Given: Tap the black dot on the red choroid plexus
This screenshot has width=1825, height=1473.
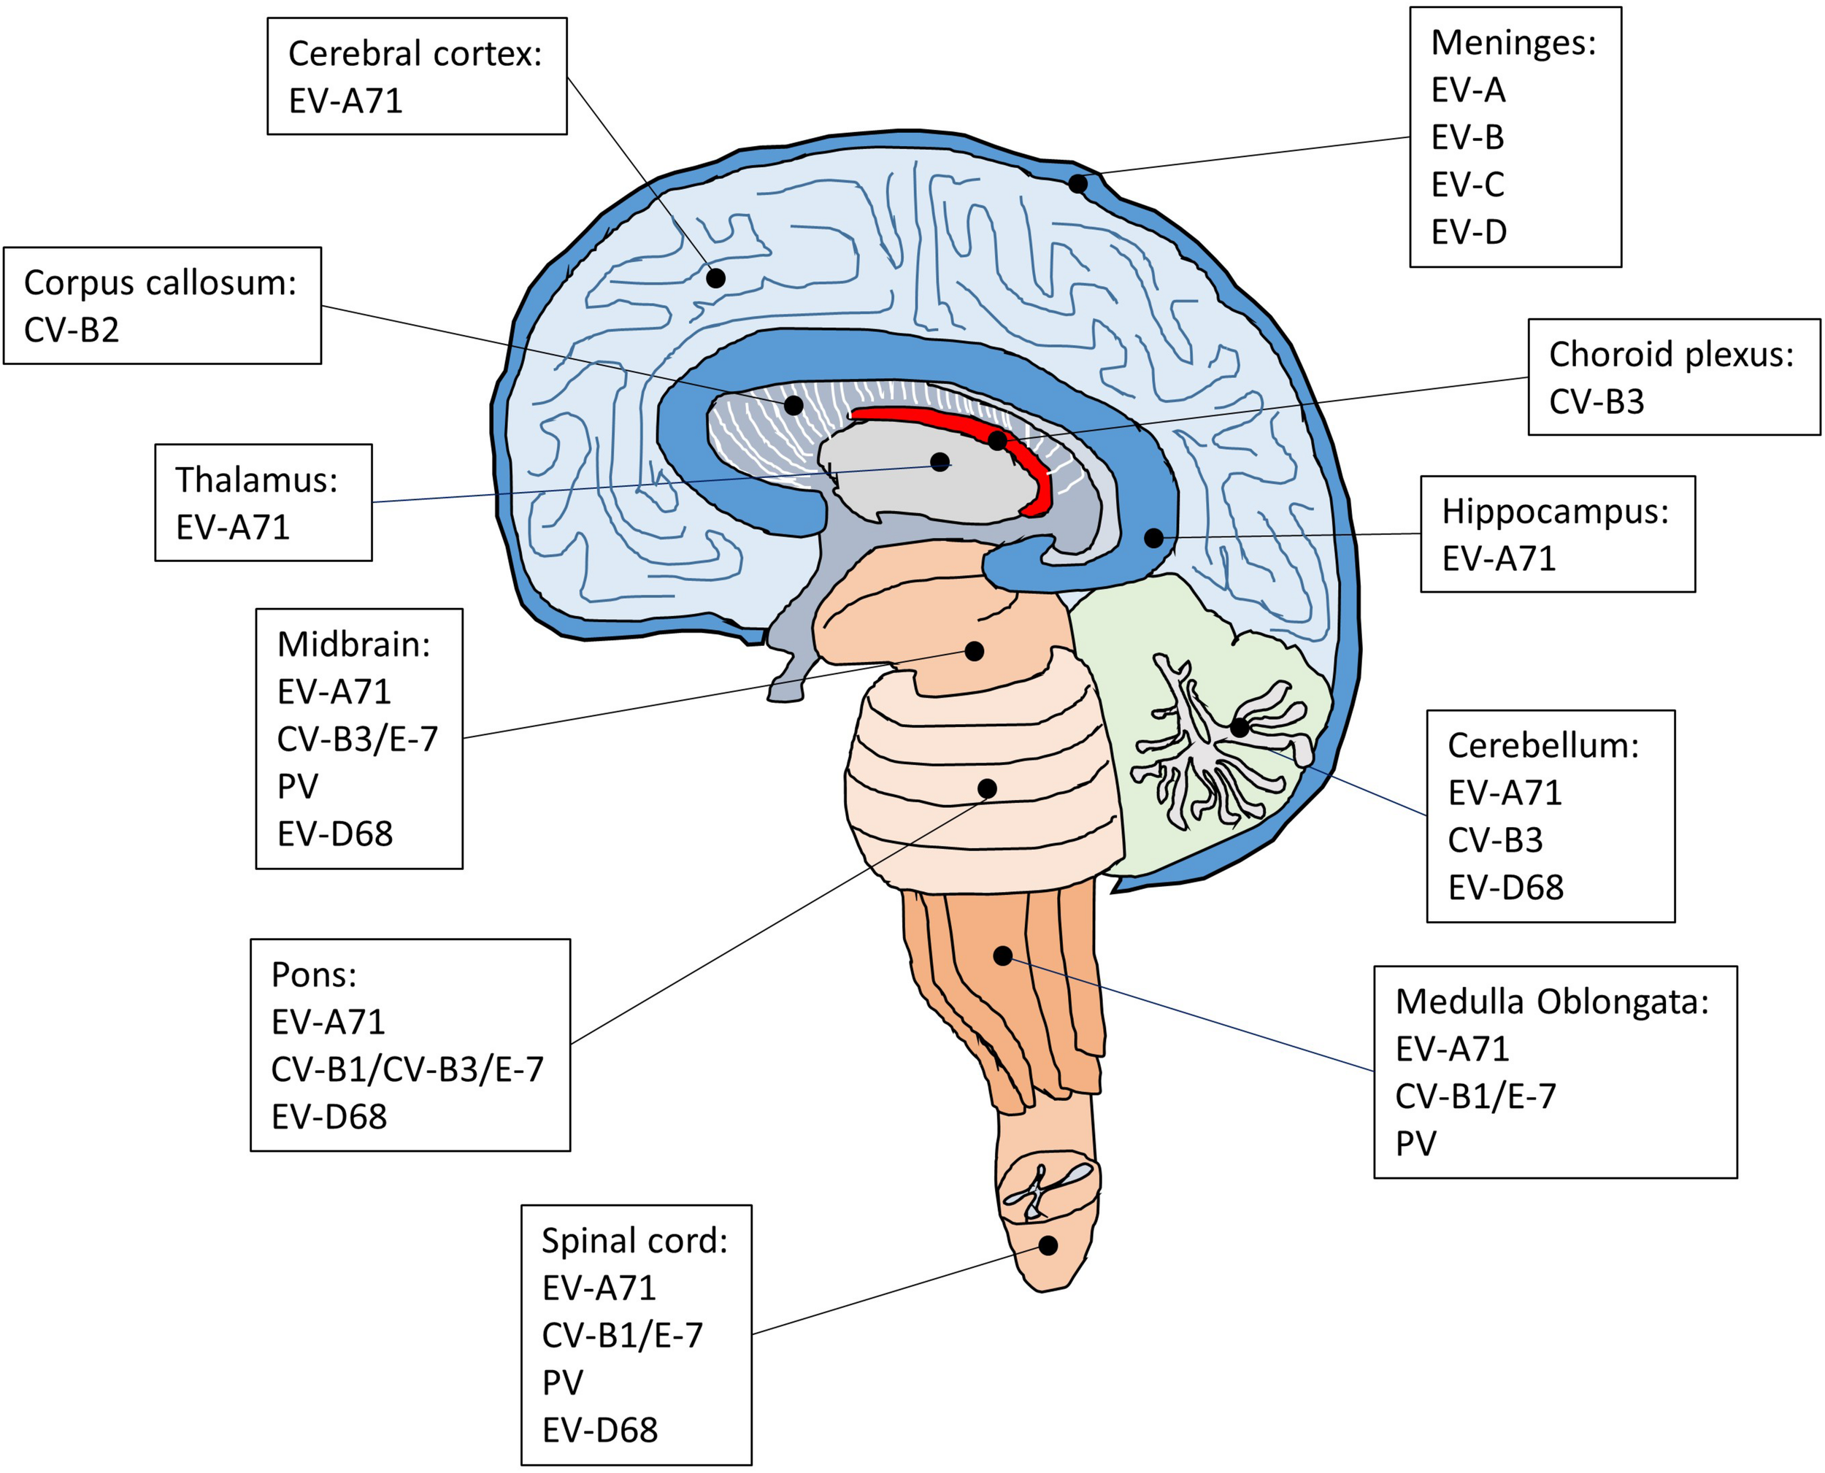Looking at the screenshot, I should coord(998,441).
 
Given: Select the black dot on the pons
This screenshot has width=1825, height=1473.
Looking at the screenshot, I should coord(987,789).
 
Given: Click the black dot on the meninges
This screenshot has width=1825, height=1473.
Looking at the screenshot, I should coord(1077,183).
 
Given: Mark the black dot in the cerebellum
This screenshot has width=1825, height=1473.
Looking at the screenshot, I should coord(1240,727).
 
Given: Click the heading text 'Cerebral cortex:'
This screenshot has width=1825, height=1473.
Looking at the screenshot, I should coord(415,53).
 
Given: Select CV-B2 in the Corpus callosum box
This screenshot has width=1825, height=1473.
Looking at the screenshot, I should coord(72,330).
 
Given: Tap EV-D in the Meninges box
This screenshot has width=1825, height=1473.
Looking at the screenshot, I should coord(1469,231).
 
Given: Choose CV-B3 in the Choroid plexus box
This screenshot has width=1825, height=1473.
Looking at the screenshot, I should coord(1596,401).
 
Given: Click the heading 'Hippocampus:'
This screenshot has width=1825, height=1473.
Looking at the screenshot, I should coord(1555,512).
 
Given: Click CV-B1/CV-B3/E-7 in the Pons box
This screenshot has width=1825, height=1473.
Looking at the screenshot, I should coord(407,1069).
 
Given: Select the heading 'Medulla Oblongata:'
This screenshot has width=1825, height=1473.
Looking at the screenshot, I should coord(1552,1002).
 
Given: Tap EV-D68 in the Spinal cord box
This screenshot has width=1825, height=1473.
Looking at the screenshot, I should coord(600,1430).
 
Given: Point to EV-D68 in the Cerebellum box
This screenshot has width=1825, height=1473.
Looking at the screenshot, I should coord(1505,888).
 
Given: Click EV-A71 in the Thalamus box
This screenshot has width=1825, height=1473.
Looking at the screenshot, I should coord(232,528).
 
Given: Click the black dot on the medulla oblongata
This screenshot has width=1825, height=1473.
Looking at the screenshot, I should coord(1003,956).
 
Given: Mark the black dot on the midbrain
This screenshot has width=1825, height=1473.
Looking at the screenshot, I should coord(974,652).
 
